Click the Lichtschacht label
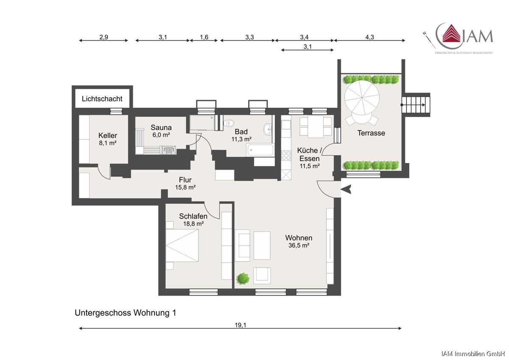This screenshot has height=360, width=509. pyautogui.click(x=102, y=99)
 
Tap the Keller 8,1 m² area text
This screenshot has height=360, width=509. pyautogui.click(x=108, y=143)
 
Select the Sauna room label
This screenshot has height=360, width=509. pyautogui.click(x=161, y=127)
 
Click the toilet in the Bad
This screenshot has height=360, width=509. pyautogui.click(x=229, y=123)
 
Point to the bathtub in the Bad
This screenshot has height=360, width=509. pyautogui.click(x=260, y=150)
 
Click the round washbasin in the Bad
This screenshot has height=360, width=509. pyautogui.click(x=268, y=129)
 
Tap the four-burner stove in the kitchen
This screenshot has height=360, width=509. pyautogui.click(x=286, y=156)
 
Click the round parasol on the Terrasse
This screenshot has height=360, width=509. pyautogui.click(x=362, y=98)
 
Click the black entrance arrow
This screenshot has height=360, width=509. pyautogui.click(x=346, y=189)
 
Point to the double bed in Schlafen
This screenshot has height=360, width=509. pyautogui.click(x=182, y=246)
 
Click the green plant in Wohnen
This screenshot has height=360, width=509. pyautogui.click(x=243, y=278)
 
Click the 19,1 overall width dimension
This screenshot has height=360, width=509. pyautogui.click(x=240, y=325)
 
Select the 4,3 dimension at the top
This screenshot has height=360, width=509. pyautogui.click(x=369, y=37)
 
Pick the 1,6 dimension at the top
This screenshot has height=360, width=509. pyautogui.click(x=204, y=37)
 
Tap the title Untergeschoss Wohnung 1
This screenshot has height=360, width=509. pyautogui.click(x=126, y=313)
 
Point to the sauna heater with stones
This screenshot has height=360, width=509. pyautogui.click(x=168, y=150)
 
